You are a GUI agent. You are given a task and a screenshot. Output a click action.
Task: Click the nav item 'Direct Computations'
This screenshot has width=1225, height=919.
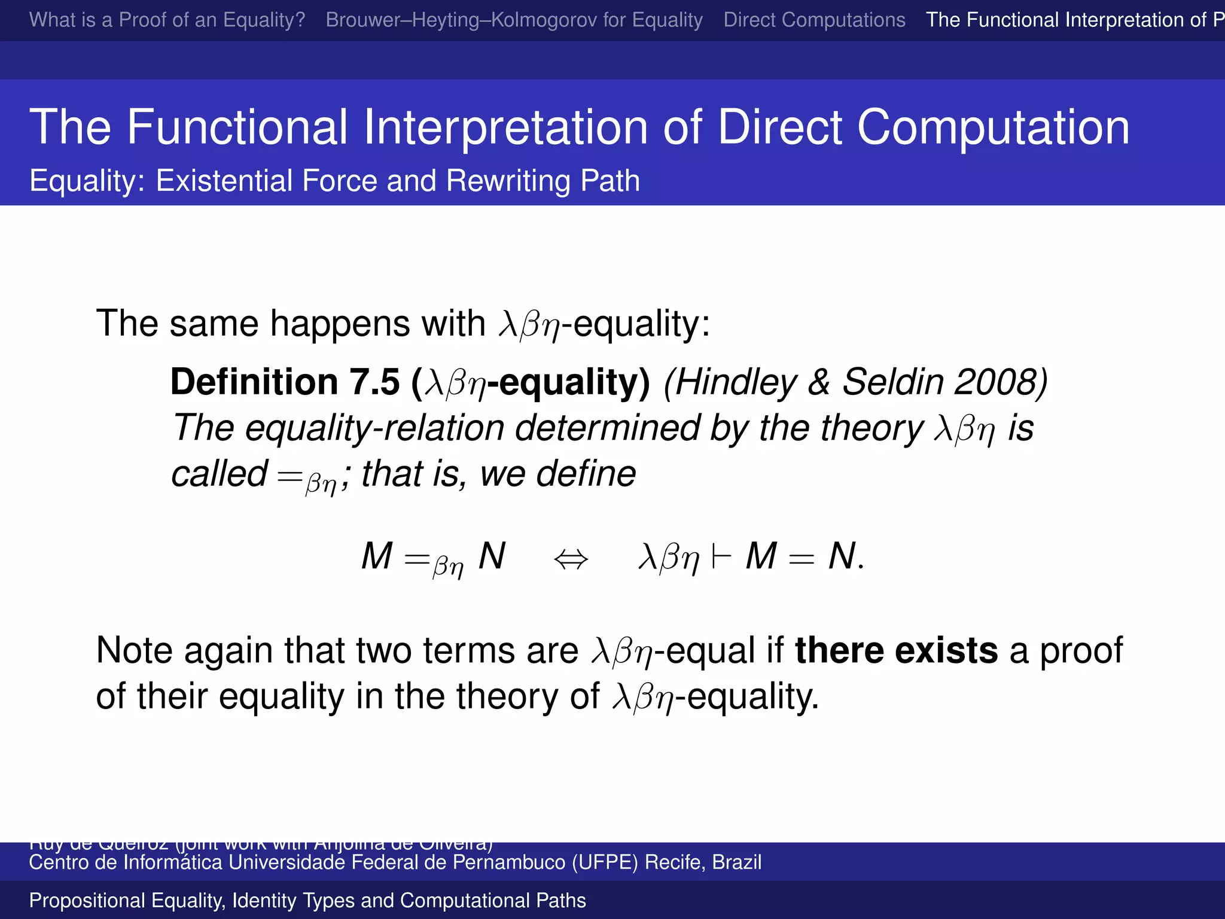point(814,20)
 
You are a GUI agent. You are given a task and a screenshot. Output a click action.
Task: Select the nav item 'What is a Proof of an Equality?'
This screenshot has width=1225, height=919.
point(167,20)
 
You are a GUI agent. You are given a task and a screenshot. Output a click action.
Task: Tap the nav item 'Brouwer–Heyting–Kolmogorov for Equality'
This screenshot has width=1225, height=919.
point(514,20)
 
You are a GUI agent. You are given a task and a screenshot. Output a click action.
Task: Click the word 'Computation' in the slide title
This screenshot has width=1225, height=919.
point(993,127)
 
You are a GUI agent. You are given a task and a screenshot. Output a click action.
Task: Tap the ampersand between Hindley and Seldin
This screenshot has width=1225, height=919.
point(819,382)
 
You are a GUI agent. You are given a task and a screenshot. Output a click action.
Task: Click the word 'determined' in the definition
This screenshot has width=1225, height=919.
point(607,428)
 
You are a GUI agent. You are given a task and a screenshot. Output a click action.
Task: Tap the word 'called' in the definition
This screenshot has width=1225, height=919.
point(219,474)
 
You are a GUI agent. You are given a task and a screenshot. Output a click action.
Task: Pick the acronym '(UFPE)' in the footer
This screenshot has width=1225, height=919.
point(605,862)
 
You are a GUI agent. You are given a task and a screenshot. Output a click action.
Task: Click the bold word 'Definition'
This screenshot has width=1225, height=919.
point(254,382)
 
